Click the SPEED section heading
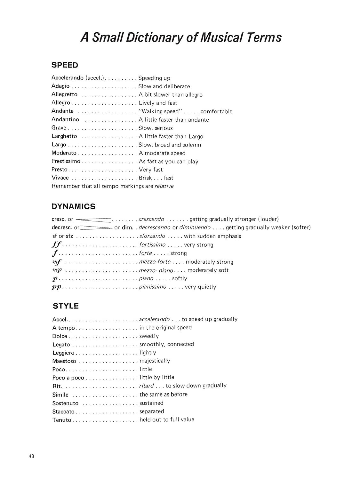click(x=65, y=65)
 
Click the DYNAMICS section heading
click(x=73, y=206)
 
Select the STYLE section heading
click(x=66, y=306)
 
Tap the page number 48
click(x=31, y=456)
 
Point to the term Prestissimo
click(x=66, y=161)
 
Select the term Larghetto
click(x=64, y=136)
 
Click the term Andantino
click(x=65, y=119)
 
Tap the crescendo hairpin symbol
click(x=93, y=220)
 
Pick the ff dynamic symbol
click(x=56, y=245)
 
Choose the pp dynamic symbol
click(x=57, y=287)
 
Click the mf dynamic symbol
click(x=57, y=262)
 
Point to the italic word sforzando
click(x=152, y=236)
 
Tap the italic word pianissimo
click(x=153, y=287)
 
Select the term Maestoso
click(x=64, y=361)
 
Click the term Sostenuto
click(x=65, y=403)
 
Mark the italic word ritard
click(x=147, y=386)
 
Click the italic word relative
click(x=164, y=186)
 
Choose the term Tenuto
click(x=62, y=420)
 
